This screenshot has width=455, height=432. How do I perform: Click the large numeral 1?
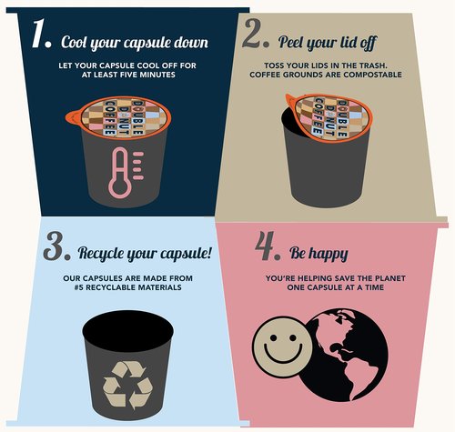(x=38, y=34)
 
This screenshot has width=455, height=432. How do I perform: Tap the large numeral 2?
(x=252, y=33)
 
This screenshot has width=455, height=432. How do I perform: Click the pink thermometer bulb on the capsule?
(x=120, y=187)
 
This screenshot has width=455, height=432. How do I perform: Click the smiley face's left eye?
(x=273, y=337)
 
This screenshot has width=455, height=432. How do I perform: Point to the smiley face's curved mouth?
(x=283, y=354)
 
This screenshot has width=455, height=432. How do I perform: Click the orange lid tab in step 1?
(x=73, y=117)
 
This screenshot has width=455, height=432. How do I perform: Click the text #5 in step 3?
(x=78, y=287)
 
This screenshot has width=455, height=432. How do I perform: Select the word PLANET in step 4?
(x=390, y=278)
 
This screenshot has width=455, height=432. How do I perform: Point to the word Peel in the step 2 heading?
(x=291, y=42)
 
